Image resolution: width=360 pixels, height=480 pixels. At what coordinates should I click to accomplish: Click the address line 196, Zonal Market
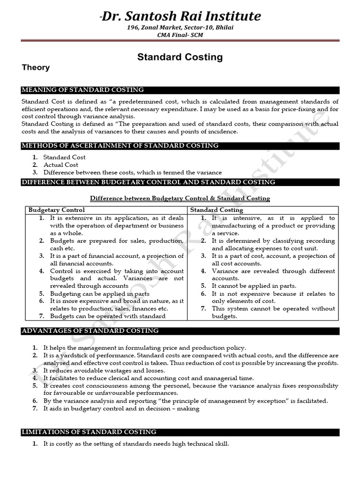pyautogui.click(x=180, y=28)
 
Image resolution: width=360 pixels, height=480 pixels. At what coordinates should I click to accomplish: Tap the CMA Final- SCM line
pyautogui.click(x=180, y=35)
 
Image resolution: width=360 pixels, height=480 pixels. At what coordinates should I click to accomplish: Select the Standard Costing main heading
pyautogui.click(x=180, y=57)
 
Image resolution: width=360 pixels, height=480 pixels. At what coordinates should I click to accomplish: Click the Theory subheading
pyautogui.click(x=36, y=67)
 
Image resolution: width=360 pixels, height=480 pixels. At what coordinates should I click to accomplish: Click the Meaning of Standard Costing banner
pyautogui.click(x=83, y=90)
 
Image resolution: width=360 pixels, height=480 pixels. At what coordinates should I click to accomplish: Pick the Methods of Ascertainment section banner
pyautogui.click(x=120, y=146)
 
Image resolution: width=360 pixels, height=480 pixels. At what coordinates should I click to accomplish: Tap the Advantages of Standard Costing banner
pyautogui.click(x=90, y=331)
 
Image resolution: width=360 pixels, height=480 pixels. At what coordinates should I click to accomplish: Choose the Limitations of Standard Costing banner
pyautogui.click(x=90, y=432)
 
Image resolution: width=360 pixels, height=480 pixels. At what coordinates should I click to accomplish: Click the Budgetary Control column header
pyautogui.click(x=57, y=210)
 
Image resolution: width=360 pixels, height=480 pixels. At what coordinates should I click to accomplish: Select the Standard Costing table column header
pyautogui.click(x=217, y=210)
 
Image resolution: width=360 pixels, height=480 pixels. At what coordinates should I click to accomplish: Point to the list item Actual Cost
pyautogui.click(x=61, y=165)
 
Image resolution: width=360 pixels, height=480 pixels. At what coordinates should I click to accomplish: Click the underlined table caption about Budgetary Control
pyautogui.click(x=180, y=198)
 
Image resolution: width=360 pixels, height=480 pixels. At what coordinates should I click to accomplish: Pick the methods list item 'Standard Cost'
pyautogui.click(x=65, y=157)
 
